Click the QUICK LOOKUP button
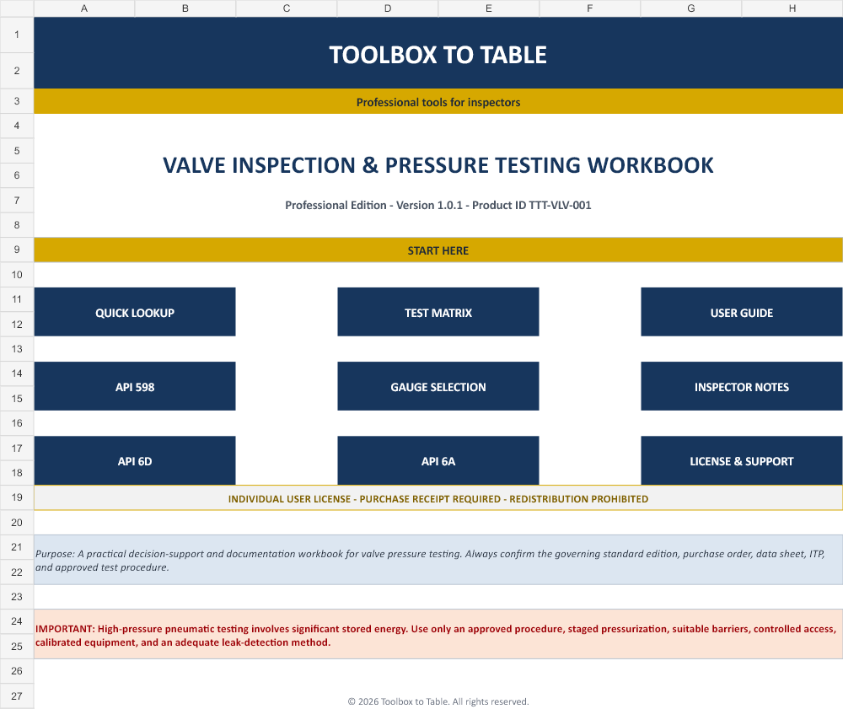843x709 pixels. click(134, 312)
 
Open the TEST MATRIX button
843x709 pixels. click(438, 312)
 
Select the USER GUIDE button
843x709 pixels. click(741, 312)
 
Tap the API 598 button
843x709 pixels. click(134, 386)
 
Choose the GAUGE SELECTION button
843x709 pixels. click(438, 386)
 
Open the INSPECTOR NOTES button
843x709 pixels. click(741, 386)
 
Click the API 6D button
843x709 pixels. click(134, 460)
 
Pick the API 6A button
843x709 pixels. click(438, 460)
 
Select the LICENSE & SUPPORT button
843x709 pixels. click(741, 460)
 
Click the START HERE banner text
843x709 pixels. click(438, 250)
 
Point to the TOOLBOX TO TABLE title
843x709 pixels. click(438, 55)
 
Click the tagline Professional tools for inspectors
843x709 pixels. click(438, 102)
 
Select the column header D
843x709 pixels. click(388, 8)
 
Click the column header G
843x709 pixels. click(691, 8)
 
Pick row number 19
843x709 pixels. click(17, 497)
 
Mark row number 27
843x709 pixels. click(17, 696)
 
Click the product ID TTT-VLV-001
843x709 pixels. click(560, 206)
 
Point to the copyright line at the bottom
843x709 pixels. click(438, 701)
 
